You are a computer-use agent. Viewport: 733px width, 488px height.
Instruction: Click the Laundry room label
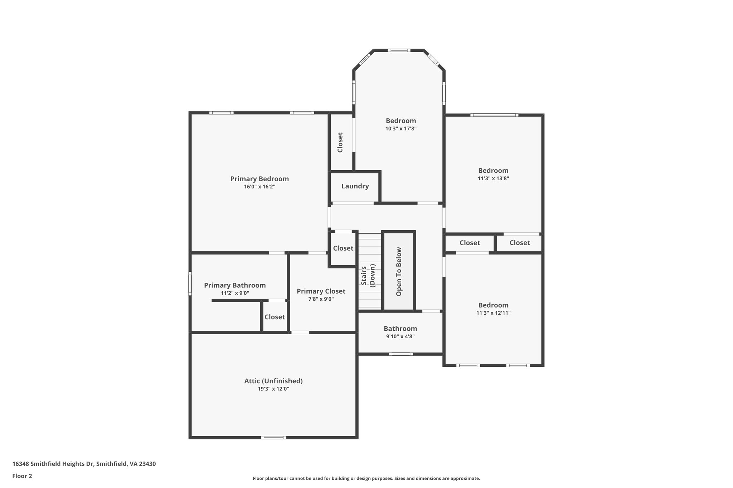coord(355,186)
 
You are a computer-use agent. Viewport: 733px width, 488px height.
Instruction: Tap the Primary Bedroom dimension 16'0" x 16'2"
coord(259,187)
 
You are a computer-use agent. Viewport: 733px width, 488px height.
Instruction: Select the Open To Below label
coord(399,271)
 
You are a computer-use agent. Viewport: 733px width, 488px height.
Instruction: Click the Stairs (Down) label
coord(368,275)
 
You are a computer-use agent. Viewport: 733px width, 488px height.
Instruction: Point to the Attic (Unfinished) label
coord(273,381)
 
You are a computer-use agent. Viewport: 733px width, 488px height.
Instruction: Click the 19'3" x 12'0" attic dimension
coord(273,389)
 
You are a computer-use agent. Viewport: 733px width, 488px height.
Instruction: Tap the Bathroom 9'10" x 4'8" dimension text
coord(400,336)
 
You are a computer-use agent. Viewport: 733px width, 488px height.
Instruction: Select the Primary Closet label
coord(321,291)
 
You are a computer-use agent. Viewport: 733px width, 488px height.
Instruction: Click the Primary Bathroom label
coord(235,285)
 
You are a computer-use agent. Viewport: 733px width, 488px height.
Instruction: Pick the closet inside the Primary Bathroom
coord(275,317)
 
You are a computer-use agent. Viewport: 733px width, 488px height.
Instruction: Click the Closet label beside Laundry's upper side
coord(340,142)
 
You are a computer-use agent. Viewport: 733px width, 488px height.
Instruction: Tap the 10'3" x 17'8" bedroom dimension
coord(401,129)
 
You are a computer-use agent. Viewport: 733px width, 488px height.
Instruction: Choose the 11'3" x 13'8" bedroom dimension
coord(493,178)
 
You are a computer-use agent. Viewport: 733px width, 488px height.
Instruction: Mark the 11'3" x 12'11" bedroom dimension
coord(493,313)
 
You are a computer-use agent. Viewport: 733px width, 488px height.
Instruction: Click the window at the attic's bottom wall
coord(273,437)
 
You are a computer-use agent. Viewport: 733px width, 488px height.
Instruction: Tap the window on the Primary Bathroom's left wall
coord(190,284)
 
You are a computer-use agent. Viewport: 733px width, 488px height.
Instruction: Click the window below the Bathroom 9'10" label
coord(401,354)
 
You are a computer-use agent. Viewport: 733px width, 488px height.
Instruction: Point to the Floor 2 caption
coord(22,476)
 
